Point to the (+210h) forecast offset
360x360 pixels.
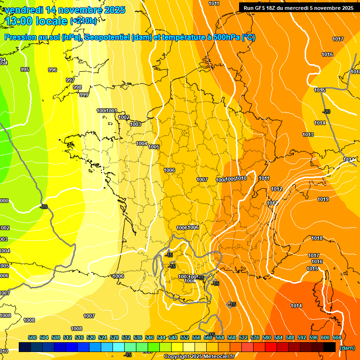point(83,21)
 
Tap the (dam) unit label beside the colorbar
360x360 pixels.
point(346,348)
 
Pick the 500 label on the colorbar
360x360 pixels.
point(32,337)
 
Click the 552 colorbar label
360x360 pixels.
point(185,337)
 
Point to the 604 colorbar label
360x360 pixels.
point(337,337)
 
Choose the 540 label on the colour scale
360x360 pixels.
point(150,337)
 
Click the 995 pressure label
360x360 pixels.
point(25,69)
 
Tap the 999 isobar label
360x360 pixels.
point(84,95)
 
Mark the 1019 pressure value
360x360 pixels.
point(323,199)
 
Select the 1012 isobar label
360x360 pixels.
point(277,189)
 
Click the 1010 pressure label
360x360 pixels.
point(241,179)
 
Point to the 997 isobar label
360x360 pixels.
point(70,80)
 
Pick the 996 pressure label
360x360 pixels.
point(52,70)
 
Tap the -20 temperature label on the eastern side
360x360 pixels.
point(326,112)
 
